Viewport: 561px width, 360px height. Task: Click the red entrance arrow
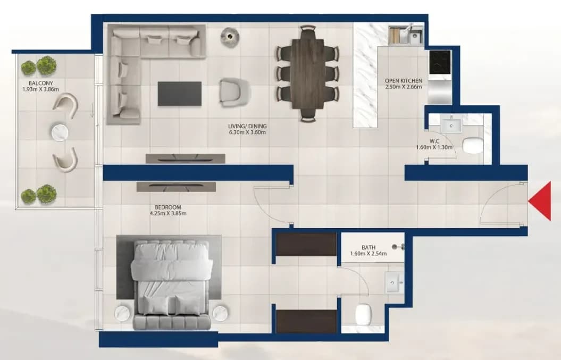540,201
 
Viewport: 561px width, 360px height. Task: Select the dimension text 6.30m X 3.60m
247,132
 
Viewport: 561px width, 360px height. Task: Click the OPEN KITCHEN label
404,81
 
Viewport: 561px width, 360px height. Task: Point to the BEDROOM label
168,207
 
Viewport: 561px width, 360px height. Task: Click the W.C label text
434,141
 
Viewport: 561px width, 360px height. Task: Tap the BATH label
369,247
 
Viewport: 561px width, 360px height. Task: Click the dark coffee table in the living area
180,94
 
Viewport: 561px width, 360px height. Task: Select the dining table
308,73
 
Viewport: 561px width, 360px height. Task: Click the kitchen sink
406,35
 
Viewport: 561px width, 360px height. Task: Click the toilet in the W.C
473,145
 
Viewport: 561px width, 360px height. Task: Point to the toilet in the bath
364,314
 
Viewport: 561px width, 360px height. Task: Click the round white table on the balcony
60,132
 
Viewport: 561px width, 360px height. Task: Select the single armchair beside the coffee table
235,92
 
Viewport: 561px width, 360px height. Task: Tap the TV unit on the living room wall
186,158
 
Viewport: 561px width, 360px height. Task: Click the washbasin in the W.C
451,125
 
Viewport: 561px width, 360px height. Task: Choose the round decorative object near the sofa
230,37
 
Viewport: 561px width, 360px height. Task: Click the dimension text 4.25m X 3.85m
168,214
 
